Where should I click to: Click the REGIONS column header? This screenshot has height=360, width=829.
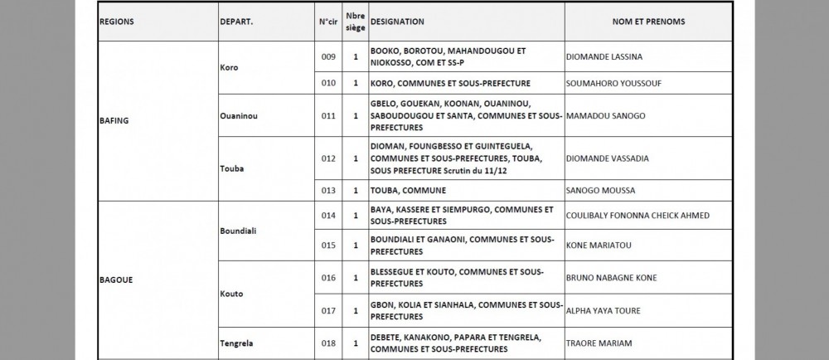point(117,22)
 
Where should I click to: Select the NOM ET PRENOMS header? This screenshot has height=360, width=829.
point(648,22)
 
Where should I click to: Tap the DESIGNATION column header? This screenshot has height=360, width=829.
point(398,22)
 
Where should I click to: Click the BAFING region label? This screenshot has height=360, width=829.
point(115,120)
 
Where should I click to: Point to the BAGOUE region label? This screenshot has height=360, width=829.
point(116,280)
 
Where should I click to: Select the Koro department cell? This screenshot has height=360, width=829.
point(229,67)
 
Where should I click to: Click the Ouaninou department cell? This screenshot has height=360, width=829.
point(239,116)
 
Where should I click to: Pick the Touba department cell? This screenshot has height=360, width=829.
point(232,168)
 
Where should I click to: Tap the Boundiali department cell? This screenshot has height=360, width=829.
point(238,230)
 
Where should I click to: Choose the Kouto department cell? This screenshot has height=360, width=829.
point(232,294)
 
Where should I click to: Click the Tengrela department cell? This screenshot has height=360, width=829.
point(237,343)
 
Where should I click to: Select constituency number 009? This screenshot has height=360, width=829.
point(327,57)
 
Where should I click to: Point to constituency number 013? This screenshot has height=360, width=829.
point(327,190)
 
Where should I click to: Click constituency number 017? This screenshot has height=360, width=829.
point(327,311)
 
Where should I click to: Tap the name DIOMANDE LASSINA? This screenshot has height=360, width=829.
point(604,57)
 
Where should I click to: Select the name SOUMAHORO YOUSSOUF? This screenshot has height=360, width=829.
point(613,83)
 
